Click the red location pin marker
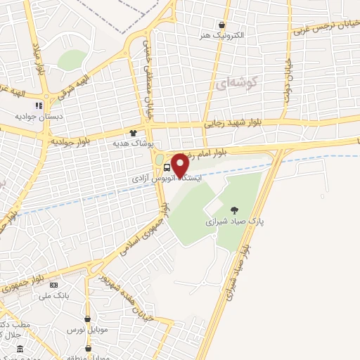coord(180,165)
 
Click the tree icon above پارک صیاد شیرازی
coord(233,209)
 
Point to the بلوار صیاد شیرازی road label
coord(239,271)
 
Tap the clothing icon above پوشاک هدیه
coord(132,132)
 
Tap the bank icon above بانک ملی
coord(54,284)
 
